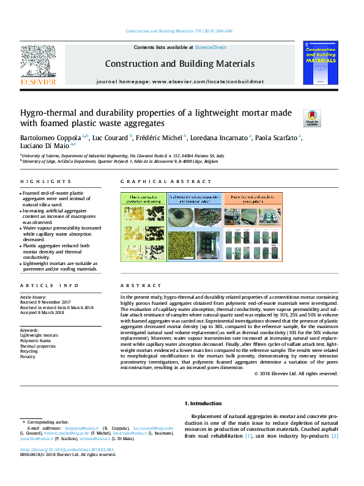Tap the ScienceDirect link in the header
point(210,47)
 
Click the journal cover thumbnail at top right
point(321,63)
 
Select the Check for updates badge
point(312,118)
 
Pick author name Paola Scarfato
point(276,137)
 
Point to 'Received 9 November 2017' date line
point(45,302)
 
